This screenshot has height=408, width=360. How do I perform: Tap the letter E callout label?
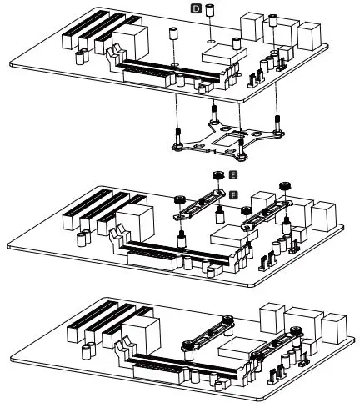coord(232,177)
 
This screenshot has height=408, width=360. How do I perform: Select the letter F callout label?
coord(232,194)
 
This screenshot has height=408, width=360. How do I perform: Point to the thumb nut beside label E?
coord(215,175)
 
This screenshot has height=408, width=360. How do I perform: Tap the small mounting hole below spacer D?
coord(212,38)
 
